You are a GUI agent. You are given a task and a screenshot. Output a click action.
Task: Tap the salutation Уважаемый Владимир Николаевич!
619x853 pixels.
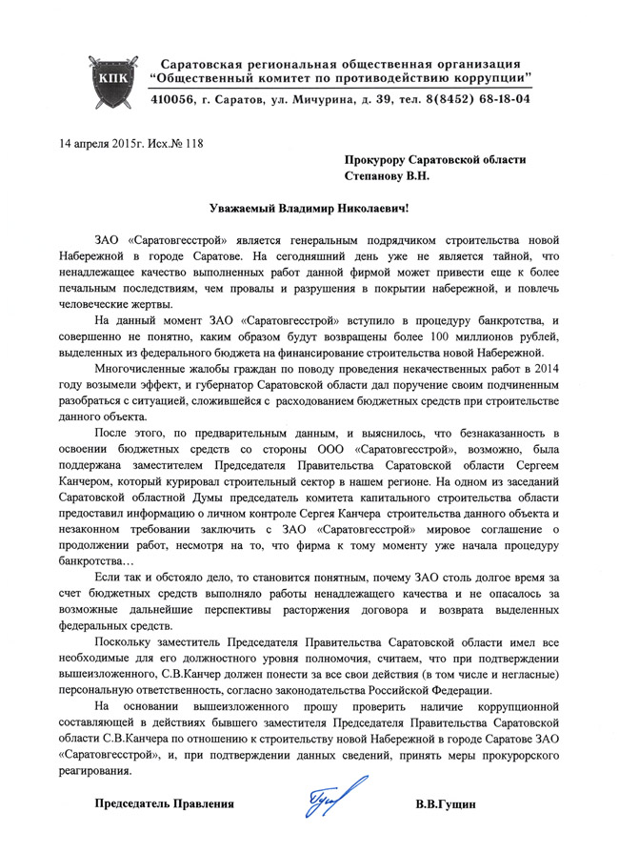click(309, 208)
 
